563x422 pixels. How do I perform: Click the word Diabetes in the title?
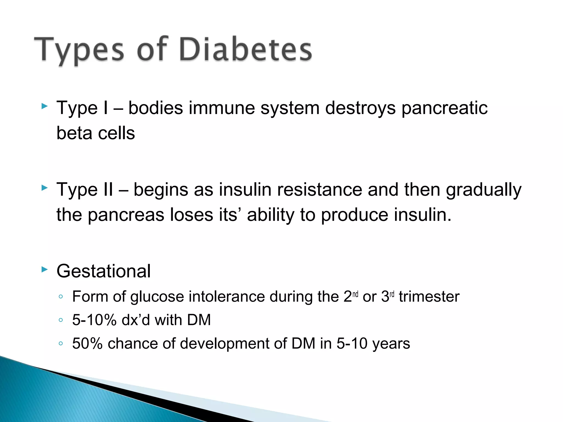[x=245, y=49]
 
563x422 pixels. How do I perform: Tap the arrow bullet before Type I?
[x=44, y=106]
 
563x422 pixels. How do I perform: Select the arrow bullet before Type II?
[x=44, y=188]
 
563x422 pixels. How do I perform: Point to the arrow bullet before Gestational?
[x=44, y=270]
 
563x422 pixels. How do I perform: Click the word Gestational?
[x=103, y=271]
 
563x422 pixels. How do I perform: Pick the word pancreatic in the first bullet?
[x=445, y=108]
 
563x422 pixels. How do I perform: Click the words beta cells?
[x=95, y=133]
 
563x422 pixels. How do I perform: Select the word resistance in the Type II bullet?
[x=319, y=190]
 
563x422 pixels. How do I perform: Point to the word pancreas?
[x=126, y=215]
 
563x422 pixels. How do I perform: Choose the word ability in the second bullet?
[x=271, y=215]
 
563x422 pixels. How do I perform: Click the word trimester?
[x=429, y=297]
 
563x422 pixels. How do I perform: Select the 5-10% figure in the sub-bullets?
[x=94, y=320]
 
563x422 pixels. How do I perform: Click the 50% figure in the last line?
[x=87, y=344]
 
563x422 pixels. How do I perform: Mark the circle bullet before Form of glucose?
[x=61, y=297]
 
